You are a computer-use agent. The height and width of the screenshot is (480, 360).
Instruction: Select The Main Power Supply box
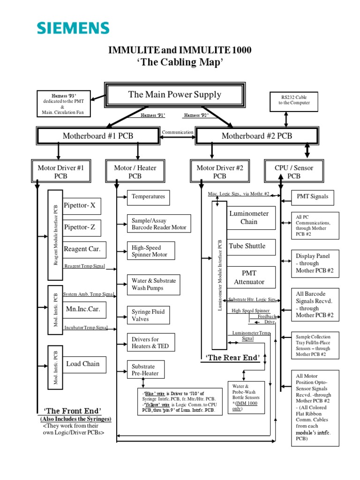click(x=174, y=95)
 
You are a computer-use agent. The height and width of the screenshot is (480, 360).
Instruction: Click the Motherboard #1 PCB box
click(x=97, y=136)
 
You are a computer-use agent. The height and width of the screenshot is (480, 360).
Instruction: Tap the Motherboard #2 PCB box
click(x=256, y=136)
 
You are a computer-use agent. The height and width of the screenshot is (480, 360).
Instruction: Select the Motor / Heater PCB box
click(x=135, y=172)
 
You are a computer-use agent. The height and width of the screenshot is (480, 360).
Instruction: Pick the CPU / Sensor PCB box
click(x=294, y=172)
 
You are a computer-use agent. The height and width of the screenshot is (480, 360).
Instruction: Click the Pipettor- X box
click(x=82, y=205)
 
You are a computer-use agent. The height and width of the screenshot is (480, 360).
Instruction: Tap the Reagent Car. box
click(x=82, y=249)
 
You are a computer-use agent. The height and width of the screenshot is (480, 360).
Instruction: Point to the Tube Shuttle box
click(x=247, y=246)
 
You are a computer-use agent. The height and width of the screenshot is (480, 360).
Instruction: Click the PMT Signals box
click(x=313, y=197)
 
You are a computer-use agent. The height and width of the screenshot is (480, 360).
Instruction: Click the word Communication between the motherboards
click(x=177, y=132)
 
